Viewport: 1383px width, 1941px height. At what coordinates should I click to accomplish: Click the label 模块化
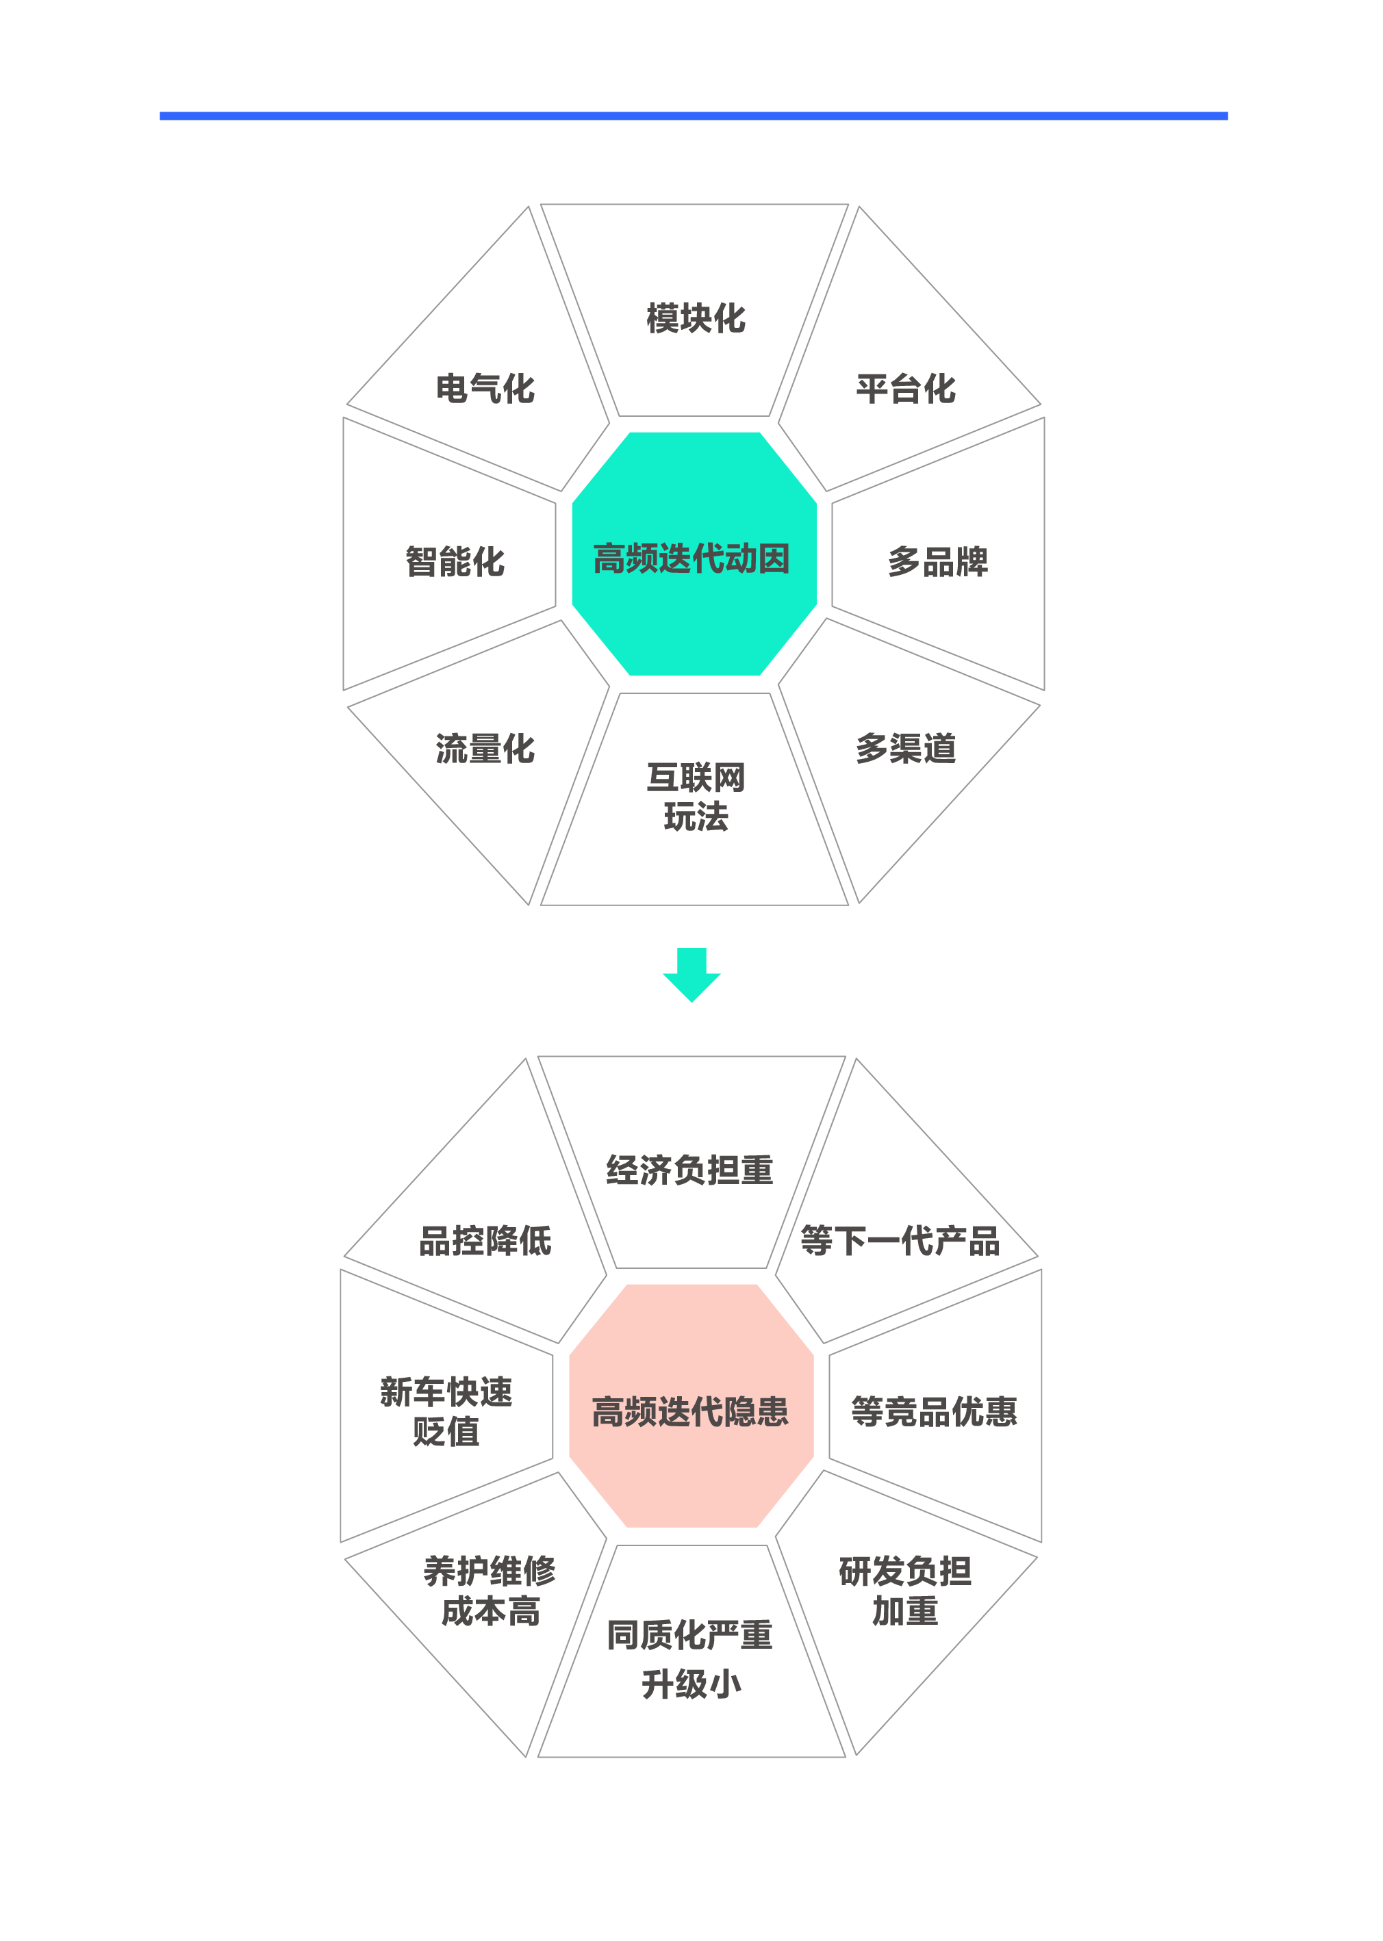tap(696, 318)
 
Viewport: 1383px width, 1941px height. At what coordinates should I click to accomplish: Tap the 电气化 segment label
tap(485, 389)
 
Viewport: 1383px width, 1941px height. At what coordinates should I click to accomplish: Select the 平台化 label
tap(906, 389)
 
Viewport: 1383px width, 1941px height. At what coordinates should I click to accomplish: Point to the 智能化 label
tap(455, 562)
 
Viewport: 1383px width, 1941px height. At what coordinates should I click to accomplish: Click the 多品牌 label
tap(937, 562)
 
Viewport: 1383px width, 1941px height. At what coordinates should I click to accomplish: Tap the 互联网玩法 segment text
tap(696, 797)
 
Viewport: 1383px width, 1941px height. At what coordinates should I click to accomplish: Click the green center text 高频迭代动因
tap(691, 559)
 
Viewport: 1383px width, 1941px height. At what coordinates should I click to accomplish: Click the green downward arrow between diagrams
tap(691, 975)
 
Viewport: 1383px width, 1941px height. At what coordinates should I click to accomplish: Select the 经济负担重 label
tap(690, 1170)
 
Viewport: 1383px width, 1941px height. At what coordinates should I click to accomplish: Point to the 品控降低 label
tap(485, 1242)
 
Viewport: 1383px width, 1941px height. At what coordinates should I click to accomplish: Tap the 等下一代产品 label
tap(900, 1242)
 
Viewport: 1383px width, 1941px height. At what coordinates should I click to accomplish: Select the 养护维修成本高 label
tap(490, 1591)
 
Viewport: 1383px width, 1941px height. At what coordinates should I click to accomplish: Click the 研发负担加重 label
tap(905, 1591)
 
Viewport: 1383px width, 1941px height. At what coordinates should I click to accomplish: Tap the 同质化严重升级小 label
tap(690, 1659)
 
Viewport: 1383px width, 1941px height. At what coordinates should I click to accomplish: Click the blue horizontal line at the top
tap(694, 116)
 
